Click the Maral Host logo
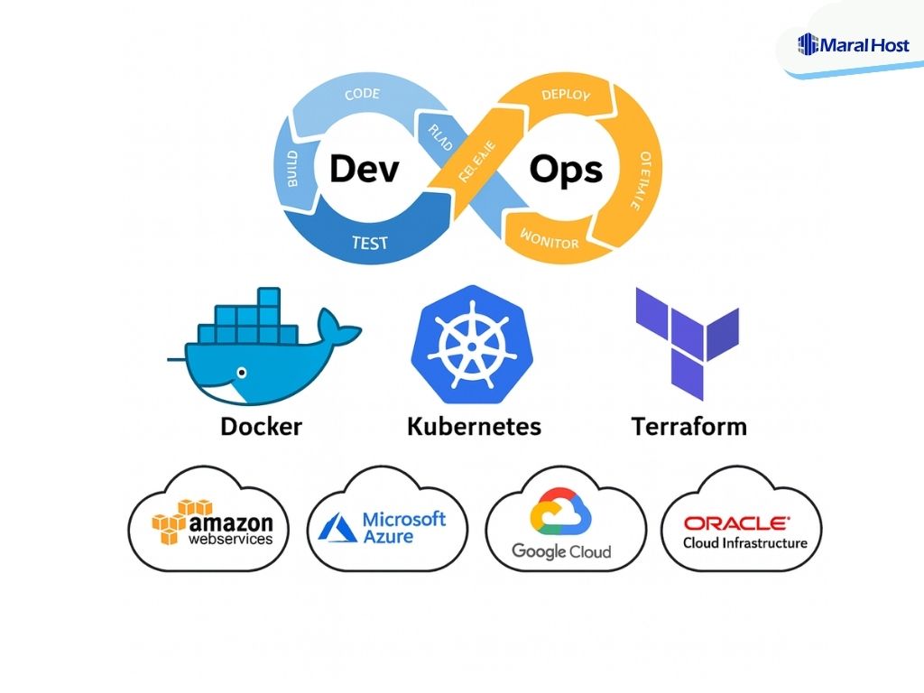pyautogui.click(x=854, y=43)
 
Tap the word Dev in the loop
pyautogui.click(x=364, y=169)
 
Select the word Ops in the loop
pyautogui.click(x=566, y=170)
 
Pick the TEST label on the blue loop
pyautogui.click(x=369, y=243)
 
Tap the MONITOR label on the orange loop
pyautogui.click(x=550, y=241)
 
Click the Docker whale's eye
pyautogui.click(x=239, y=371)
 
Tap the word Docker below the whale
pyautogui.click(x=262, y=426)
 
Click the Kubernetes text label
pyautogui.click(x=474, y=426)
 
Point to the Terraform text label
pyautogui.click(x=689, y=426)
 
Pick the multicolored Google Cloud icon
pyautogui.click(x=559, y=512)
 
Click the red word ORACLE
pyautogui.click(x=736, y=522)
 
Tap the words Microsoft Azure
pyautogui.click(x=403, y=527)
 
